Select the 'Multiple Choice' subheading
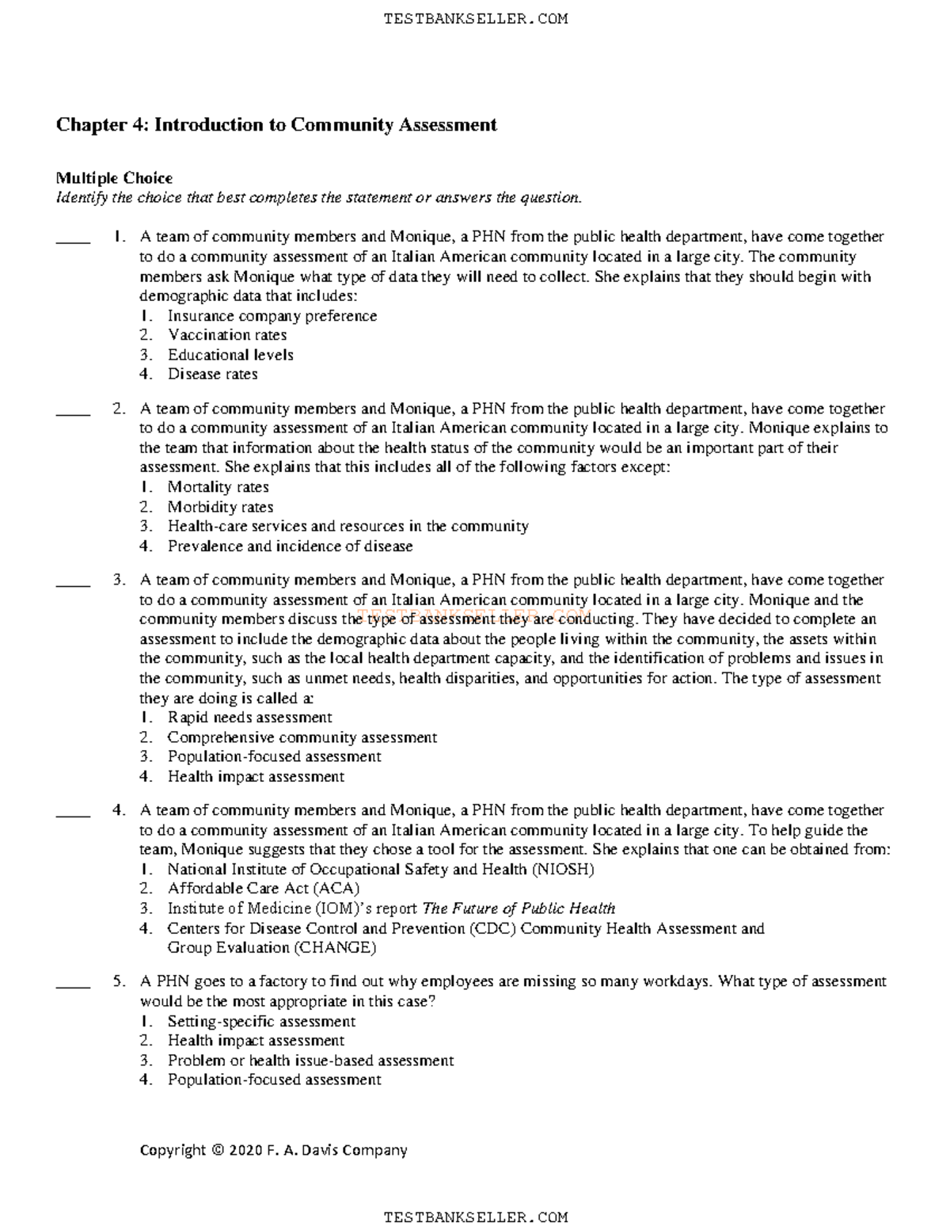[114, 178]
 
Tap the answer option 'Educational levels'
[230, 355]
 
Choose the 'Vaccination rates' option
[227, 335]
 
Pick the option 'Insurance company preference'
[272, 316]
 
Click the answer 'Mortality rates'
[218, 487]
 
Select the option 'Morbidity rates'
[221, 507]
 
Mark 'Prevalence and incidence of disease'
[290, 546]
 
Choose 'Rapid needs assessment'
[250, 718]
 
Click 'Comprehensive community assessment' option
[302, 737]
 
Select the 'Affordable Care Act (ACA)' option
[264, 889]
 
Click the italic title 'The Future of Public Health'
[519, 908]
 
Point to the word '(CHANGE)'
[335, 947]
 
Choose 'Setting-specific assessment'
[261, 1022]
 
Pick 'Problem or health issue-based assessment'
[311, 1061]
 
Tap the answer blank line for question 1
[73, 242]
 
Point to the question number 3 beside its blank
[119, 580]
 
